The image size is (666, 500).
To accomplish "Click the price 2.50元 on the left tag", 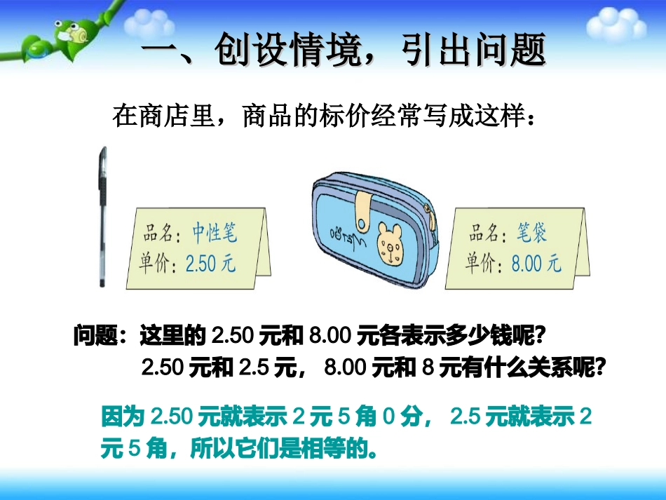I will coord(210,264).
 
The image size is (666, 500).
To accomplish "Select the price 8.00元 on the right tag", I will coord(536,264).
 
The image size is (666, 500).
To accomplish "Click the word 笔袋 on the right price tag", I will coord(533,232).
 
